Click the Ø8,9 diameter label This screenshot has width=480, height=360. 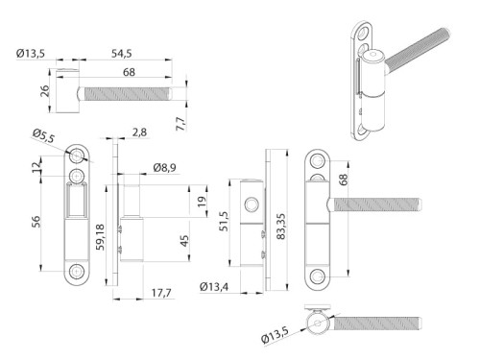(165, 169)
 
